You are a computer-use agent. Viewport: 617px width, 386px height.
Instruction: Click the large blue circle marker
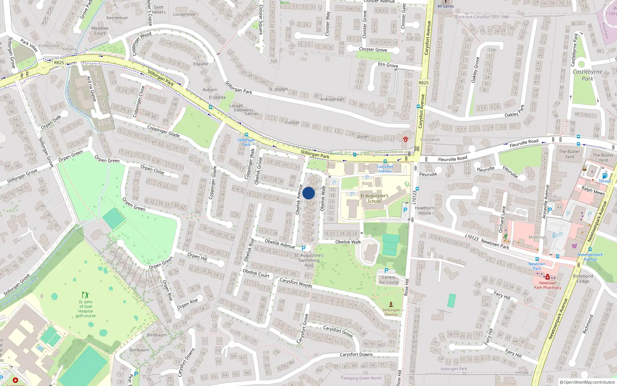click(308, 193)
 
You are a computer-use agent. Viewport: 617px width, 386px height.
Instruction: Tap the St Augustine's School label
click(374, 198)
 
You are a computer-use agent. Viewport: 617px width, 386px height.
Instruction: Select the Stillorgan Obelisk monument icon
click(391, 305)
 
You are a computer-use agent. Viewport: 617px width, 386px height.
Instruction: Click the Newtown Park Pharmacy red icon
click(547, 277)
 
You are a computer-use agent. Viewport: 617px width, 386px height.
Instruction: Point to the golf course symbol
click(85, 295)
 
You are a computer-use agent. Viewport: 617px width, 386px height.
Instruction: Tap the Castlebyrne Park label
click(587, 75)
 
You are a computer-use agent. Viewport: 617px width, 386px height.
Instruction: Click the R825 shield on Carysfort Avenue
click(423, 83)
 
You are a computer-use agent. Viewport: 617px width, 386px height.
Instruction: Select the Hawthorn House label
click(425, 210)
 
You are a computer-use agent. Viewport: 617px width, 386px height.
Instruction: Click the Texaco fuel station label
click(604, 181)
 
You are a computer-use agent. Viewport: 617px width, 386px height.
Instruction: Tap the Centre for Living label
click(388, 280)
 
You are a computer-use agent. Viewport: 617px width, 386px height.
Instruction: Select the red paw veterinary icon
click(405, 139)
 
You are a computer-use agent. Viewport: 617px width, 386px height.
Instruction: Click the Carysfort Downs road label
click(356, 354)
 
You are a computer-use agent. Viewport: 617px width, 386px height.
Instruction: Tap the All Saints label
click(445, 6)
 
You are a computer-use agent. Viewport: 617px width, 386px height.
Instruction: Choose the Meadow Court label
click(100, 30)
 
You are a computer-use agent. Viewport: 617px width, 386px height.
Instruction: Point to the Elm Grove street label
click(388, 65)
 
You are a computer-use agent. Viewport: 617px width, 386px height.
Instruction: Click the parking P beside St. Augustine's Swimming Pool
click(303, 249)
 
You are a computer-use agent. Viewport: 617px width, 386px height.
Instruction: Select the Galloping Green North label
click(361, 378)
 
